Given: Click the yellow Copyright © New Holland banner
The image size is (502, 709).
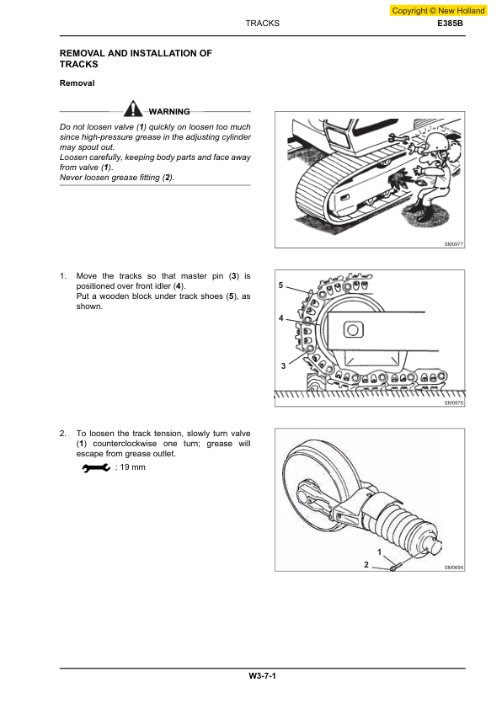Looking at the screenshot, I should point(439,11).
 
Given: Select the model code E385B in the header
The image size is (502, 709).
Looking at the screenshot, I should point(450,24).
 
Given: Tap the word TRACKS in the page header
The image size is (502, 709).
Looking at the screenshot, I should point(262,24).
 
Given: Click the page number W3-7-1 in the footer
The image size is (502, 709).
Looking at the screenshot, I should point(262,676).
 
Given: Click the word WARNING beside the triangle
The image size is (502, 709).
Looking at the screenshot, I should point(168,111).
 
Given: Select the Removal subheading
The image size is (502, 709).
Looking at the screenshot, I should point(77,83).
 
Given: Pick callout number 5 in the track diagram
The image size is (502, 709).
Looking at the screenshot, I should point(282,287).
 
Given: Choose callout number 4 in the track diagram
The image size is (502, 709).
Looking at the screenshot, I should point(281,318).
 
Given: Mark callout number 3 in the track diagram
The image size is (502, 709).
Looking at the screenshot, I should point(284,366).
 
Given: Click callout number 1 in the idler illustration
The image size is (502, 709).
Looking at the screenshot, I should point(379,552).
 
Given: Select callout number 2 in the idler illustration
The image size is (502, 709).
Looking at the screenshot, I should point(366,564).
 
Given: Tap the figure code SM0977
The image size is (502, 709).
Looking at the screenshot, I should point(454,243).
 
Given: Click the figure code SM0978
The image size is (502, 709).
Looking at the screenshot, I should point(454,402).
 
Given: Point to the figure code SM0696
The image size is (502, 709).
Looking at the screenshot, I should point(454,568).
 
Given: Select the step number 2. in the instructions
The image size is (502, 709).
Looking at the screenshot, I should point(63,434).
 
